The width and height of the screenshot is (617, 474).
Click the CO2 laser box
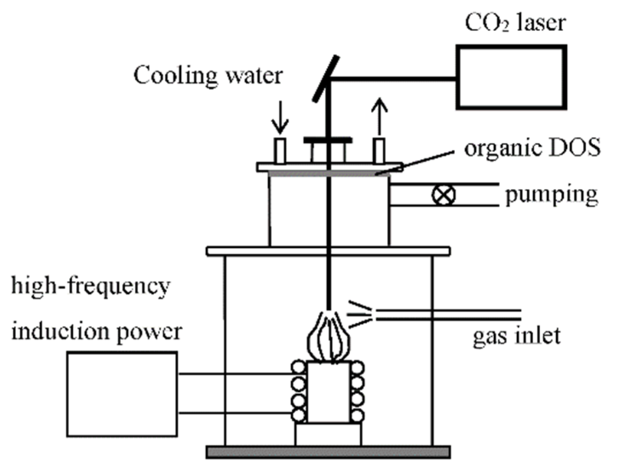511,77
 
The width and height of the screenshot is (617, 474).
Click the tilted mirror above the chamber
326,79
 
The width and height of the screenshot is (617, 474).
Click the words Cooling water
208,76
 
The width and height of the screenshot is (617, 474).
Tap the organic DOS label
532,148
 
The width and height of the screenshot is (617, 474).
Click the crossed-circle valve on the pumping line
443,195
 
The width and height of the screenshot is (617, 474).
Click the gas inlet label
516,335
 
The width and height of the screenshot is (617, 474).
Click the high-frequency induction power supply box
122,394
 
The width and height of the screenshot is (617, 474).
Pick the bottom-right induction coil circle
358,415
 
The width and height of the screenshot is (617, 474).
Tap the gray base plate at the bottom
328,452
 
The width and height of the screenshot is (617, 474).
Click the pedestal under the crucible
328,434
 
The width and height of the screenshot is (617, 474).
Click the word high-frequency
90,286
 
